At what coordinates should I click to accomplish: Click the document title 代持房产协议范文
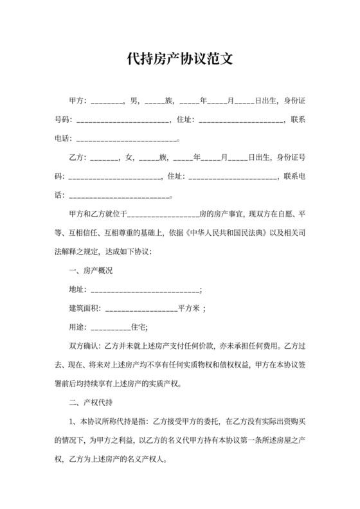point(179,60)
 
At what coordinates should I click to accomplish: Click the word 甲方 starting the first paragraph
point(76,101)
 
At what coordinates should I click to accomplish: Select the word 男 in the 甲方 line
point(134,101)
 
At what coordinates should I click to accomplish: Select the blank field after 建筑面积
point(140,308)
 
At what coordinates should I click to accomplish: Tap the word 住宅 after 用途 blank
point(139,327)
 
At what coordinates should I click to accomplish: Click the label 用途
point(76,327)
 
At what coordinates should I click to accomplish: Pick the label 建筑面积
point(85,308)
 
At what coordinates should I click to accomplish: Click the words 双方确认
point(85,346)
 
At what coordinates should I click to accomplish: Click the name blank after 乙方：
point(104,157)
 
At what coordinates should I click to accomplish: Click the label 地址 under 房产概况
point(76,290)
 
